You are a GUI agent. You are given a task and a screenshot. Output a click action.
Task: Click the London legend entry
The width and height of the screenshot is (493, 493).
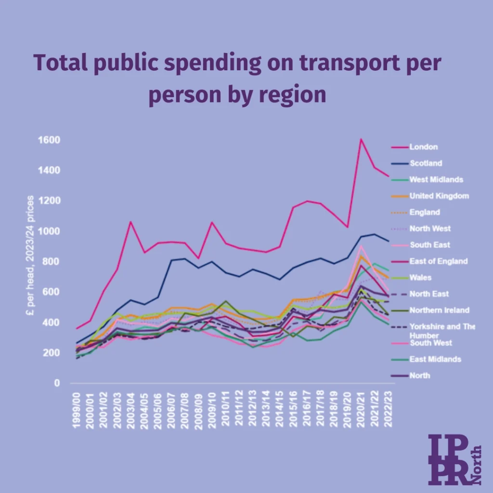(x=423, y=147)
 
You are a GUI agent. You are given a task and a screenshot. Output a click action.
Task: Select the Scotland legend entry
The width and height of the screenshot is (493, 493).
(x=425, y=163)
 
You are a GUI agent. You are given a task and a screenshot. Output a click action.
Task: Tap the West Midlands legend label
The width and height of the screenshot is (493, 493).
(x=436, y=180)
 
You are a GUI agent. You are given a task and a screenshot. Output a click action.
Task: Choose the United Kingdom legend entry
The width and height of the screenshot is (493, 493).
(x=439, y=196)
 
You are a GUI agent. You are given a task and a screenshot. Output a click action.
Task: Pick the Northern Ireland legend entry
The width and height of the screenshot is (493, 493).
(x=439, y=310)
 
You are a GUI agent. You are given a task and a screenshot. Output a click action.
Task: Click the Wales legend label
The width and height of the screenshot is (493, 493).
(x=420, y=277)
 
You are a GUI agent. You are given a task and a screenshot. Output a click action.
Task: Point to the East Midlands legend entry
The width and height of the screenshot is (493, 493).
(x=435, y=359)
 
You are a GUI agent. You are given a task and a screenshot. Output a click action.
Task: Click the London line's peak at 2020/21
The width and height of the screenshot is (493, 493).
(x=361, y=139)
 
